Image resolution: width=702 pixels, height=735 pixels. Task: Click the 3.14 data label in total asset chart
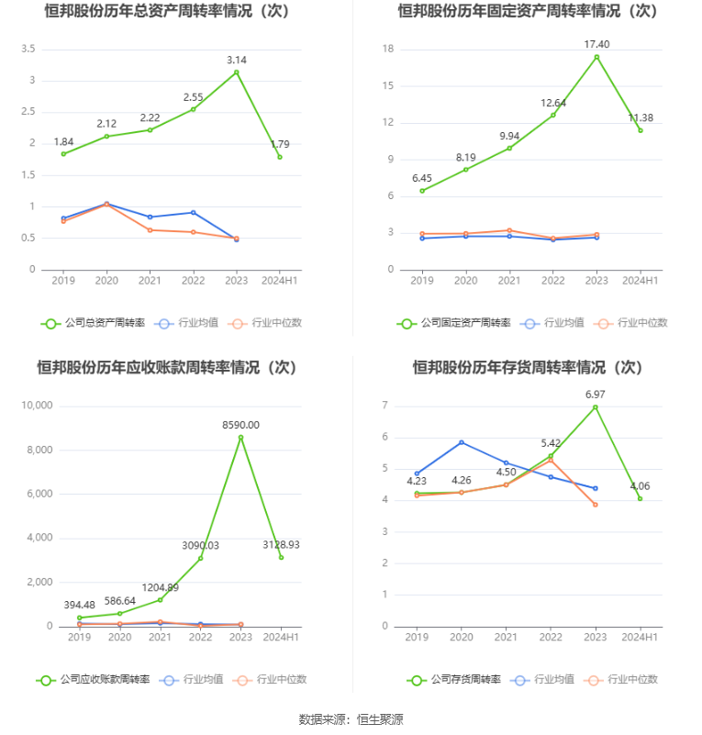click(x=237, y=61)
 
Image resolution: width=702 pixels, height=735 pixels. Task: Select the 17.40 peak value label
click(x=596, y=44)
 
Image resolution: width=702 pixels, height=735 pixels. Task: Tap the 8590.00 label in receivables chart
click(x=241, y=425)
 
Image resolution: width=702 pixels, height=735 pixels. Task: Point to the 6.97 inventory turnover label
click(x=596, y=395)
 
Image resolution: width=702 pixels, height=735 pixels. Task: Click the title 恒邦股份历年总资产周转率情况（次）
click(x=175, y=11)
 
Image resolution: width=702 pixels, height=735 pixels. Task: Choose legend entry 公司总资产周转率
click(x=94, y=323)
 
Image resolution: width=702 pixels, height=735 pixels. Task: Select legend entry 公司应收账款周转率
click(x=94, y=680)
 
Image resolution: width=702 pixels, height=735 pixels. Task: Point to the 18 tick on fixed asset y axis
click(x=388, y=49)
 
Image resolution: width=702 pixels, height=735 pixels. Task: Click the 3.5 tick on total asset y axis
click(x=28, y=49)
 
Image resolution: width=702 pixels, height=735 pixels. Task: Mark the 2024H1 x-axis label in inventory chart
click(x=640, y=637)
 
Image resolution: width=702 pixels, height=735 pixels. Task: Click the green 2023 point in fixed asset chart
click(x=596, y=57)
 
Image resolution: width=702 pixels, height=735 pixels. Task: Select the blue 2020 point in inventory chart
click(x=462, y=442)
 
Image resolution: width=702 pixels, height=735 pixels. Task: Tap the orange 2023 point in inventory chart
click(x=596, y=505)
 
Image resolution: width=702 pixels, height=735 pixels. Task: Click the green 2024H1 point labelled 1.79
click(x=280, y=157)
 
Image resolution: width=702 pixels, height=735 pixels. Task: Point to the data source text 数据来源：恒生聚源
click(x=351, y=719)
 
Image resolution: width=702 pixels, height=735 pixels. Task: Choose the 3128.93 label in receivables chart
click(x=280, y=545)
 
